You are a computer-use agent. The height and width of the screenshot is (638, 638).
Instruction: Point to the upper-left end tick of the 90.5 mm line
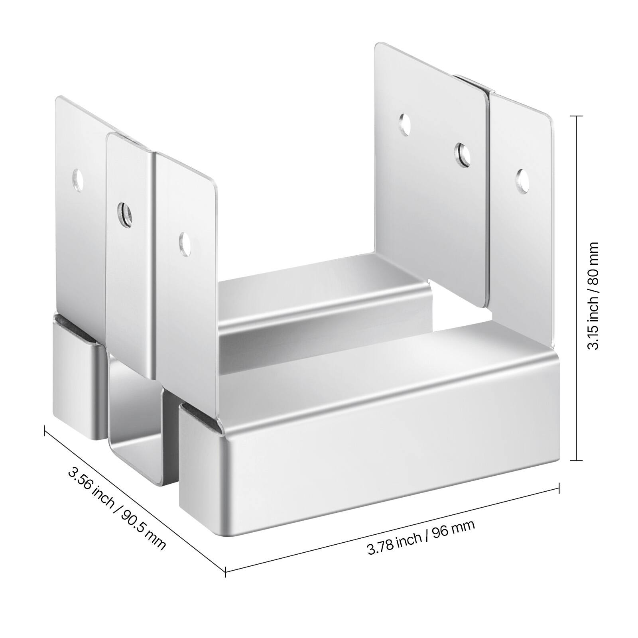click(44, 428)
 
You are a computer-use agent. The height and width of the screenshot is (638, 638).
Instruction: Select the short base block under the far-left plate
click(76, 379)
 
